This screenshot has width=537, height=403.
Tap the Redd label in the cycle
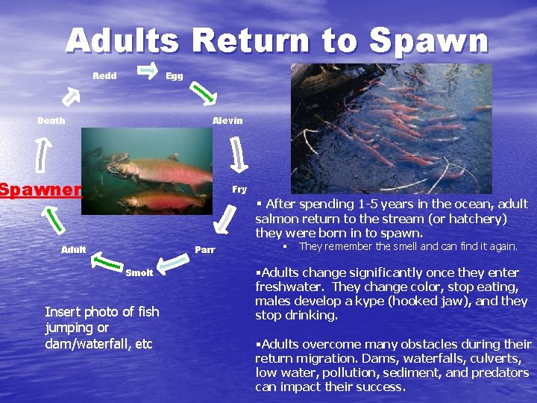[x=104, y=76]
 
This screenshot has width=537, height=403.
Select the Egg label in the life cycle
[x=175, y=76]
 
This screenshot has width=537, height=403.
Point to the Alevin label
[x=227, y=121]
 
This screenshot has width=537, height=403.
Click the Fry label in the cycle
[x=239, y=190]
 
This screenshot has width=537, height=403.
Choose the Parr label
[x=205, y=249]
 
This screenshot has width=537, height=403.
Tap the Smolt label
[x=139, y=273]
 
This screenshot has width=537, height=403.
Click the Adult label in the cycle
[x=74, y=249]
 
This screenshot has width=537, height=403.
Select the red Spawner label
[x=40, y=190]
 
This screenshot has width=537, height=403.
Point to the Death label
[x=51, y=121]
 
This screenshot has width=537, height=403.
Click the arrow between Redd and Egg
[x=148, y=69]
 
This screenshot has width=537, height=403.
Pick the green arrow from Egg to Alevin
[x=202, y=93]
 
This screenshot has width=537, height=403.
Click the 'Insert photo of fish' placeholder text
[x=102, y=312]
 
